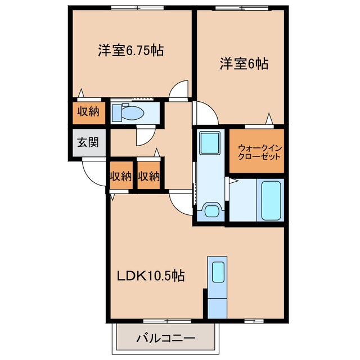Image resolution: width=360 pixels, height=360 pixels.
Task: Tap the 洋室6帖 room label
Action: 243,64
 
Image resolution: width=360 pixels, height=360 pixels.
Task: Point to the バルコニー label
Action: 166,339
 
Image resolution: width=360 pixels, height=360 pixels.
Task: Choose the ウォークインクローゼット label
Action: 256,152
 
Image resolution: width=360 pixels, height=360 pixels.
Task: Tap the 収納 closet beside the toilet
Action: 88,111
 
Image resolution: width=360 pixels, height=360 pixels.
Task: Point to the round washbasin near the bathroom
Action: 211,211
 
